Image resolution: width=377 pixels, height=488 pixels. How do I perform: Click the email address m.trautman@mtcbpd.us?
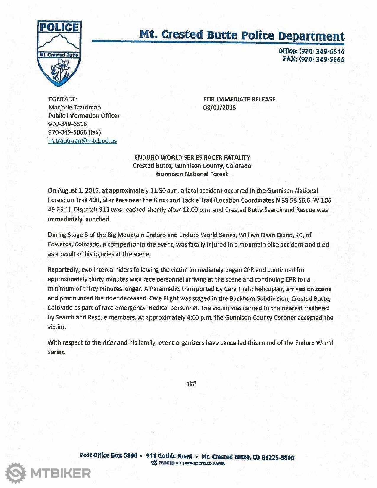pos(82,141)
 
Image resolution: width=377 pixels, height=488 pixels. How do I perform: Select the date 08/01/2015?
pos(219,108)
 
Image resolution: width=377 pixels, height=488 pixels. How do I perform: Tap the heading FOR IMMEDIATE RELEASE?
pos(239,99)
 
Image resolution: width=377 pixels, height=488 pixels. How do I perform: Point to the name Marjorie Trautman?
pos(74,107)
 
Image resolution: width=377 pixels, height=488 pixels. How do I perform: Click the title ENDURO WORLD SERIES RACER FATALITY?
pos(192,158)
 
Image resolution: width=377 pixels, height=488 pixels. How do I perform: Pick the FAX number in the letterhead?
pos(314,59)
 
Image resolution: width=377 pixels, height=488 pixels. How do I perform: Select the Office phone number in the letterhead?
pos(311,51)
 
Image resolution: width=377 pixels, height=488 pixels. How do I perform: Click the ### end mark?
pos(192,384)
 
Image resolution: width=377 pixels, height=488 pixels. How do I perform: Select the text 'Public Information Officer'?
pos(84,116)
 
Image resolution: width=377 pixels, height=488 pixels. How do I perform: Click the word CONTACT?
pos(63,99)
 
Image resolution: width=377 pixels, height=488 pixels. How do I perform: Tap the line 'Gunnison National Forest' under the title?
pos(192,174)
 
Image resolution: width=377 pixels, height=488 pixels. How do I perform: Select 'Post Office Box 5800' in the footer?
pos(108,455)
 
